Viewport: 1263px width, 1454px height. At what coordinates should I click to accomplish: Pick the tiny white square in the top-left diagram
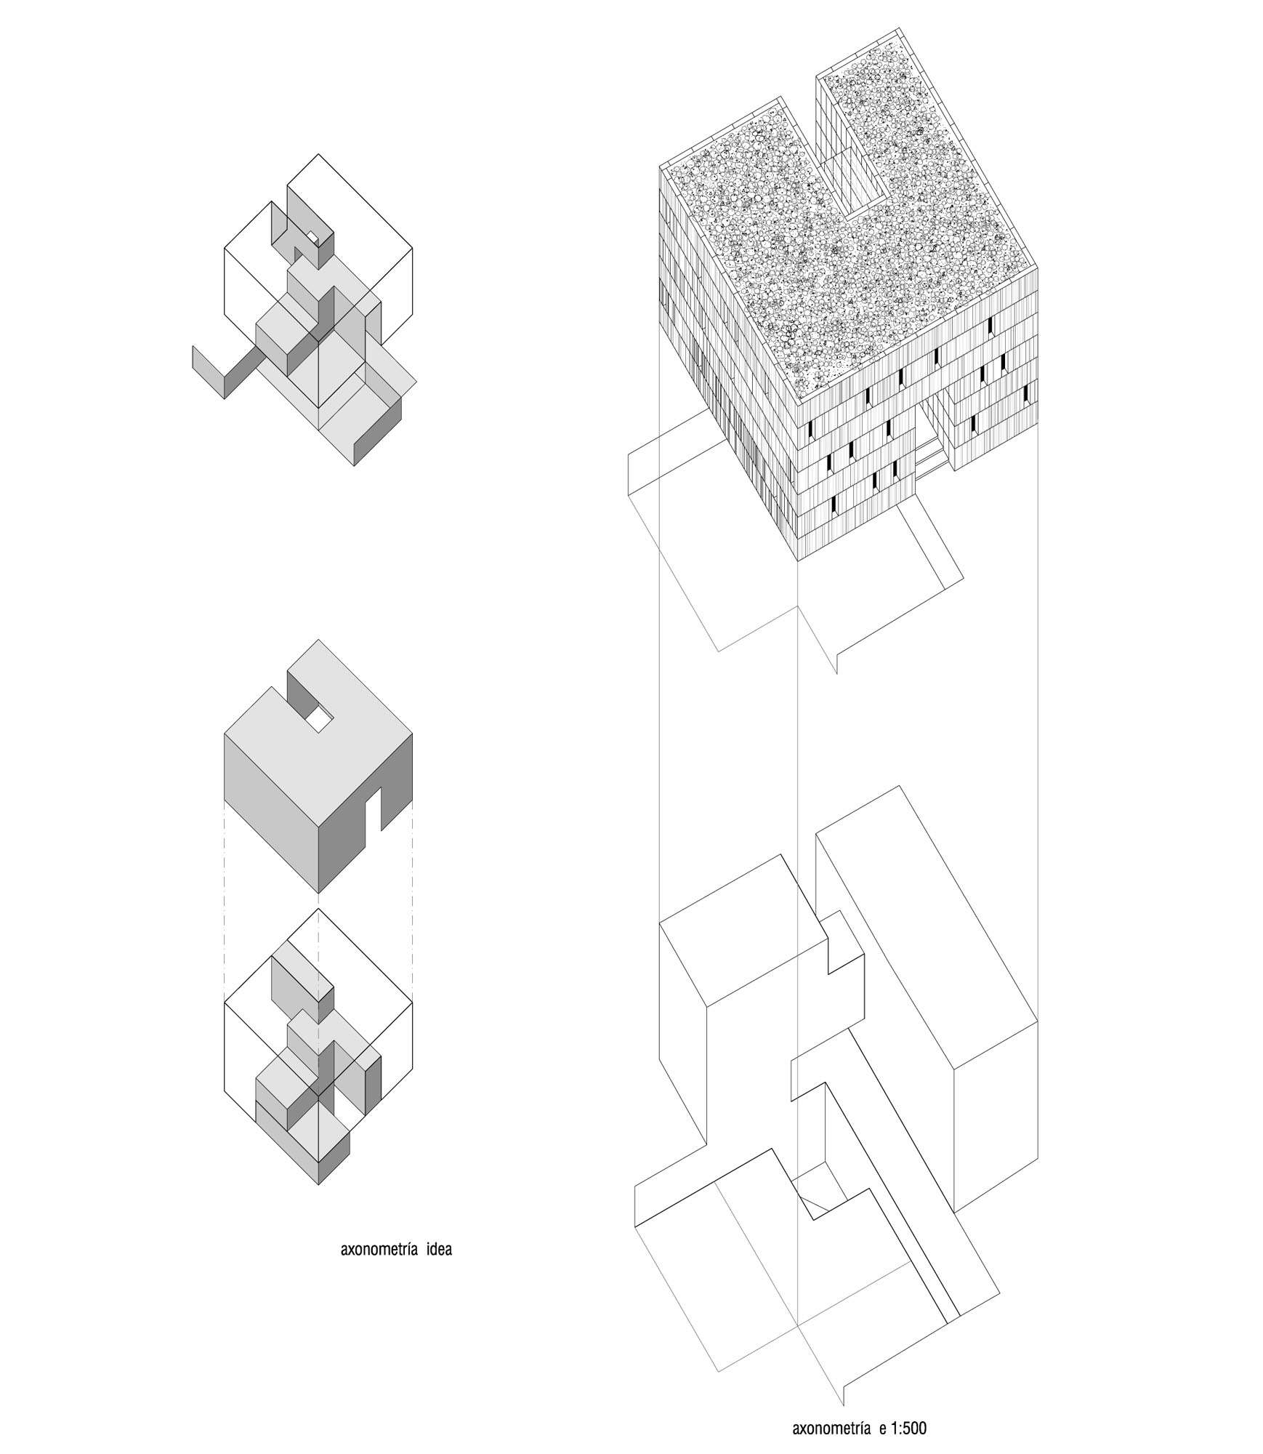point(311,237)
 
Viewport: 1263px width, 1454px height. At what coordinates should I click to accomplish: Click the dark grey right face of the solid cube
point(366,814)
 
